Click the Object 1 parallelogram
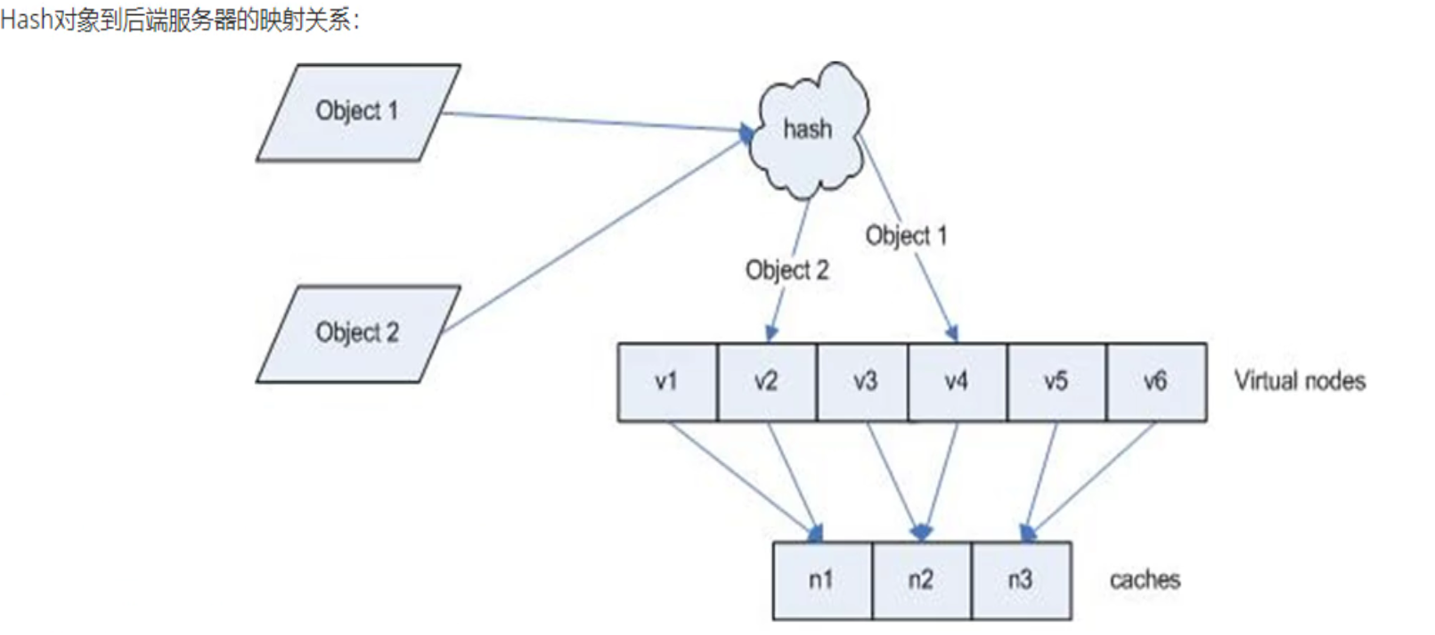(x=357, y=112)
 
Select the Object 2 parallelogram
(x=357, y=334)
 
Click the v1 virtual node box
(x=667, y=382)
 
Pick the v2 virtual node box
(x=766, y=382)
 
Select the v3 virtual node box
(x=864, y=382)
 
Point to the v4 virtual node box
(x=957, y=382)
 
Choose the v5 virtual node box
(x=1056, y=382)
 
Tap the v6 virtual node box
(x=1155, y=382)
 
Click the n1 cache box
(x=821, y=581)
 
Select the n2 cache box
(x=921, y=581)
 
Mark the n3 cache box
(x=1020, y=581)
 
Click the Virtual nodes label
(x=1300, y=381)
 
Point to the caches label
(x=1145, y=580)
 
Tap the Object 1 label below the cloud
(x=906, y=235)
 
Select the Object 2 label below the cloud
(x=787, y=270)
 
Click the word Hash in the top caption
(x=25, y=20)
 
